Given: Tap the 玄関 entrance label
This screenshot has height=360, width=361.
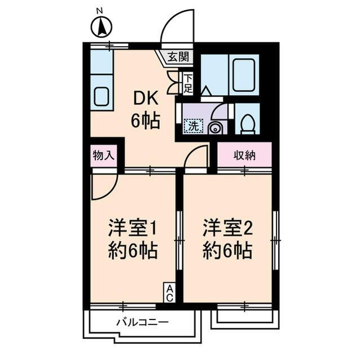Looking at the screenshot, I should (x=179, y=56).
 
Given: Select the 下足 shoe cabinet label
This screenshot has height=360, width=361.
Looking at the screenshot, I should (x=188, y=83).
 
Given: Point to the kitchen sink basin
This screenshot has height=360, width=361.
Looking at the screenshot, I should (x=102, y=96).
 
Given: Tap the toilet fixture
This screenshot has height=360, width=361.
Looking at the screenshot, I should (x=247, y=123).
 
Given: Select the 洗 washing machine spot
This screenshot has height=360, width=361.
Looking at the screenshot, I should (x=193, y=126).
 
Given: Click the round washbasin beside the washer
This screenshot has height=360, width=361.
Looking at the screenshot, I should (x=215, y=128).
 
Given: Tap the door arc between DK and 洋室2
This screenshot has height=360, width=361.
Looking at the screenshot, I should (x=196, y=156).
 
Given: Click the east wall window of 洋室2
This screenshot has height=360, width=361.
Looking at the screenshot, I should (x=275, y=239).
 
